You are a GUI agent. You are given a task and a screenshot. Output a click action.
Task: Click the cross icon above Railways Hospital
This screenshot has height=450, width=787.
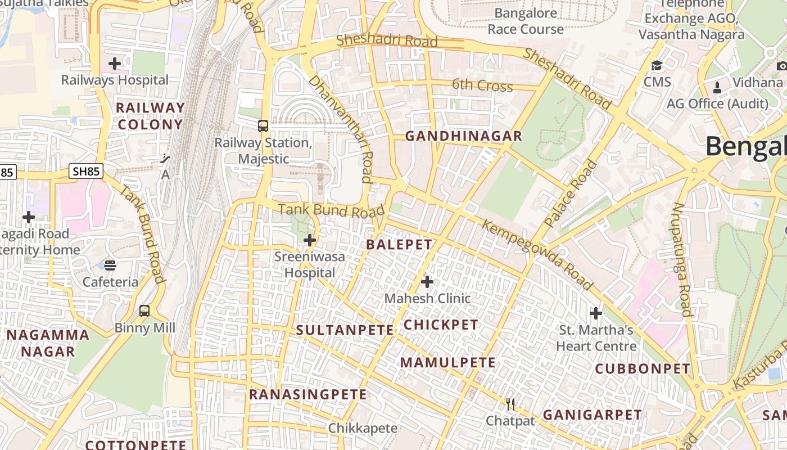pos(115,64)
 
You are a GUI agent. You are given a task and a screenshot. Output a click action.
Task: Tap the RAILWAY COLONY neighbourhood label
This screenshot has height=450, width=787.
pos(150,116)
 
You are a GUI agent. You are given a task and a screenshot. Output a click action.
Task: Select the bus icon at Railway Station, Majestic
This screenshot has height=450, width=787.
pos(263,125)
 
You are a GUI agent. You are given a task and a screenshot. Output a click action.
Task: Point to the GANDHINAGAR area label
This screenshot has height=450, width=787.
pos(464,136)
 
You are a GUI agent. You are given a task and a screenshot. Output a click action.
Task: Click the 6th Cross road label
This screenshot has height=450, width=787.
pos(482,85)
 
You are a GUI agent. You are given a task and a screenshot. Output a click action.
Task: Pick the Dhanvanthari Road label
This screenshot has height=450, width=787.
pos(342,129)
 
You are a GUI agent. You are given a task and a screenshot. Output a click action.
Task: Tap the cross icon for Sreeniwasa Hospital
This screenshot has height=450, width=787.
pos(309,241)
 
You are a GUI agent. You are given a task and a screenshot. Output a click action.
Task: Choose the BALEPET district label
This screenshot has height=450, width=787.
pos(399,245)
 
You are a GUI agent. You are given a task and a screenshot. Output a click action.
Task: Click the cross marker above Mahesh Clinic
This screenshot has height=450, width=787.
pos(427,281)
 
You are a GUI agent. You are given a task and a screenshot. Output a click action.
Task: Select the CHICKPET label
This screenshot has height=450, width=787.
pos(441,325)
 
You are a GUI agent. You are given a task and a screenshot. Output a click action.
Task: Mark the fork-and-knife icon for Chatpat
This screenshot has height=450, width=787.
pos(510,404)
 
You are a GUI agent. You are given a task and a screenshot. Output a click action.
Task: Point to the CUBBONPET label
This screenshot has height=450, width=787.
pos(643,369)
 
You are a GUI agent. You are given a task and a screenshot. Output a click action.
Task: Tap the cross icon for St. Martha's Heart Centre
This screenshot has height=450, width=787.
pos(596,313)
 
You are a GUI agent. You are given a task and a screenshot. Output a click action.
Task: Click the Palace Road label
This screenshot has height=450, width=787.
pos(571,194)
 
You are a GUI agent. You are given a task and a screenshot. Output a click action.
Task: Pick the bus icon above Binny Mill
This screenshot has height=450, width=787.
pos(144,310)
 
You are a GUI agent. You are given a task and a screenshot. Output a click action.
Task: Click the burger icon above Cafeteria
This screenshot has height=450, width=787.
pos(110,265)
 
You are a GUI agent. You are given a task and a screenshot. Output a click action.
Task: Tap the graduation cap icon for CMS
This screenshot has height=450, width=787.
pos(657,66)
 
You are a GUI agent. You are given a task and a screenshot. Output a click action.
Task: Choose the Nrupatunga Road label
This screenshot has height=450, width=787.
pos(682,259)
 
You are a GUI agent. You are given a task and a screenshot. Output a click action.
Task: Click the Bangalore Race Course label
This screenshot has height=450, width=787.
pos(526,21)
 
